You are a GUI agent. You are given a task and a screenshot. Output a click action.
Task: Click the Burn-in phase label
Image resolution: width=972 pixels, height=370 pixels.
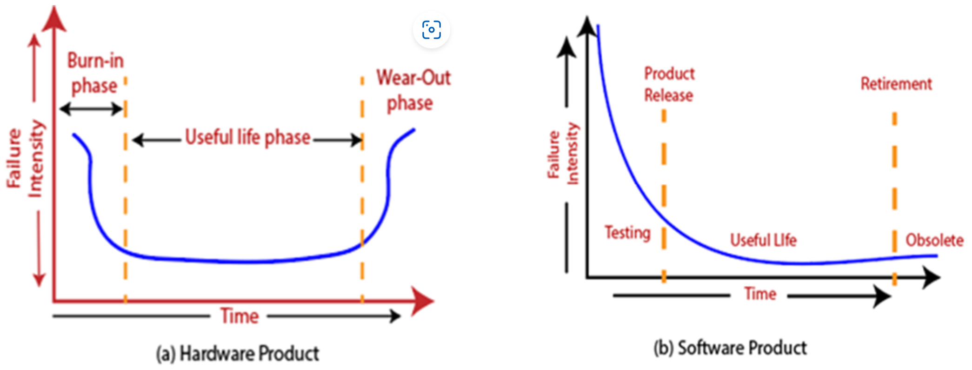[95, 74]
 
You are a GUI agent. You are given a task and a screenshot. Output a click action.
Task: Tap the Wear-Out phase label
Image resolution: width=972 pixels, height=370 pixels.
[413, 90]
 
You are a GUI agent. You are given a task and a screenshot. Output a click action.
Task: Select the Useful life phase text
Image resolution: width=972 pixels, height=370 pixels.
[247, 137]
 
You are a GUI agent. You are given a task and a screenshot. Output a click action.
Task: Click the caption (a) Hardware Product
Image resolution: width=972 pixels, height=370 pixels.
[238, 354]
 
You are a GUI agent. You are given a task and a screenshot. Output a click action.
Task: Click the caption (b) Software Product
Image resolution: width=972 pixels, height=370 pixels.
[730, 348]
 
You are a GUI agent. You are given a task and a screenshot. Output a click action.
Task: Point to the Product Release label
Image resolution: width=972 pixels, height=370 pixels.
[669, 84]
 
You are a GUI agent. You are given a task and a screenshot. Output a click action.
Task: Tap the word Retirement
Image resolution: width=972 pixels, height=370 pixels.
[896, 84]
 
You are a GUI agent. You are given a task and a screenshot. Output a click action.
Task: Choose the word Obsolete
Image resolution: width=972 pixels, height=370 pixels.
[934, 241]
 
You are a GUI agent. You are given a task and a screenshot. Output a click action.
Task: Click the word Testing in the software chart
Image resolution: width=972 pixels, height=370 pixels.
[627, 232]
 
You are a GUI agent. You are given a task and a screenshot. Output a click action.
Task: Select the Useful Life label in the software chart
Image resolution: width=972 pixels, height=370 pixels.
[763, 240]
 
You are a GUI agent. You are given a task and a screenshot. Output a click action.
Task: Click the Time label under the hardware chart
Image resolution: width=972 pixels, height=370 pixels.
[240, 316]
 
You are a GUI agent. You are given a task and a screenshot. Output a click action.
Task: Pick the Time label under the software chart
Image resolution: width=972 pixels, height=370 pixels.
[760, 294]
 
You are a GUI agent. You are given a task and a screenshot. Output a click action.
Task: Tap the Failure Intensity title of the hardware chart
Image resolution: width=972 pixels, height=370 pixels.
[26, 158]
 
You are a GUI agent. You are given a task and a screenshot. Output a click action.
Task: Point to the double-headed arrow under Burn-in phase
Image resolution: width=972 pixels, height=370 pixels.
[92, 109]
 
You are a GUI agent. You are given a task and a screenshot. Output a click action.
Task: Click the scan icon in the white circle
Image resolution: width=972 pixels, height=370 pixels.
[431, 30]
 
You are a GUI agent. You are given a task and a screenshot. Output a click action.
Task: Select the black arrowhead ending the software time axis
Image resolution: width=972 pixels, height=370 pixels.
[931, 278]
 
